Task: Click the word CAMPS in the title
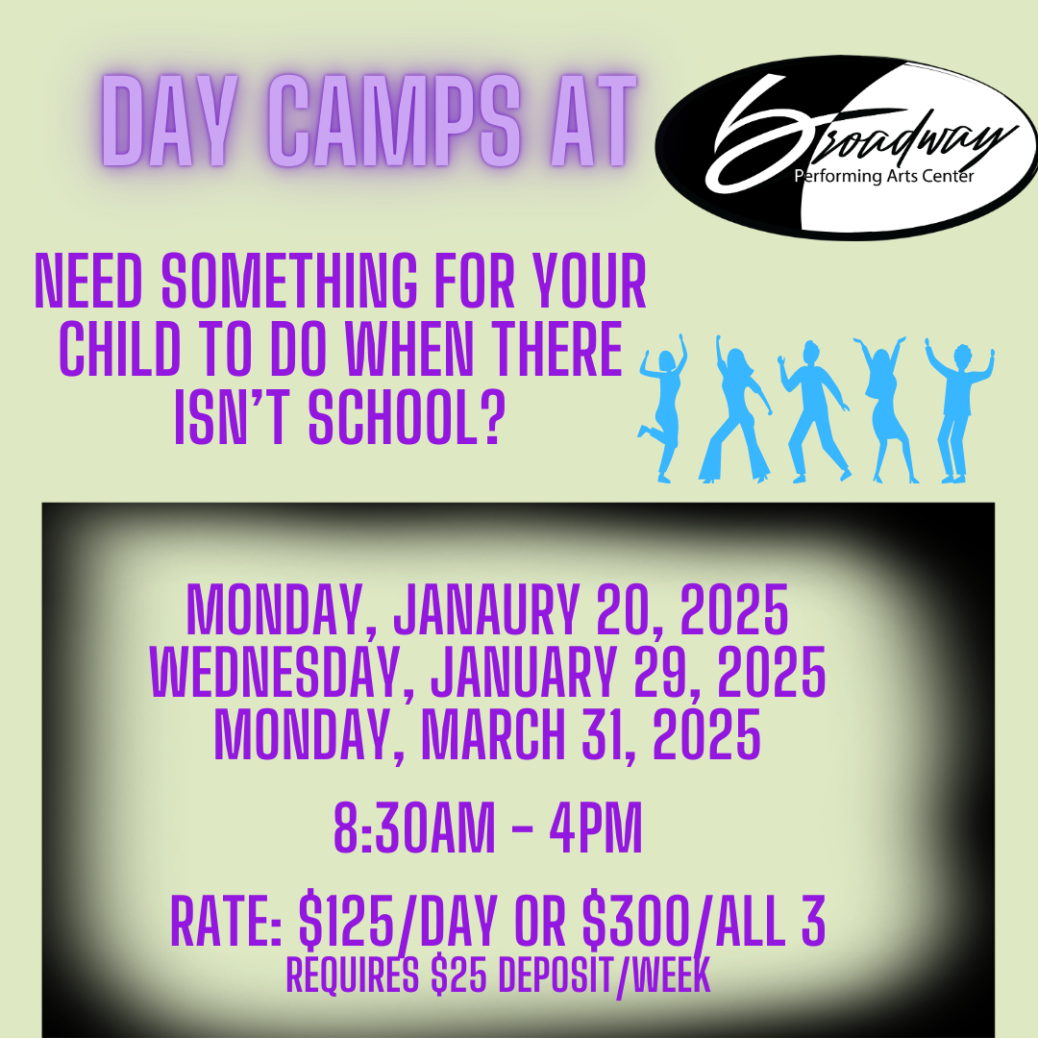pos(395,120)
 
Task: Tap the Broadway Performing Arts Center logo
pos(847,147)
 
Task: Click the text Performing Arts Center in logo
pos(884,176)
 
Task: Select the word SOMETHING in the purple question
pos(289,282)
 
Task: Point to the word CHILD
pos(120,349)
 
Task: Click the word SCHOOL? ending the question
pos(408,417)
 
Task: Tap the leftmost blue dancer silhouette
pos(662,408)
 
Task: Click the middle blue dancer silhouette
pos(813,411)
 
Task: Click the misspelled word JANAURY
pos(486,609)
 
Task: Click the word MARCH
pos(493,734)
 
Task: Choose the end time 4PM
pos(596,828)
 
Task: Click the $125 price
pos(346,921)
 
